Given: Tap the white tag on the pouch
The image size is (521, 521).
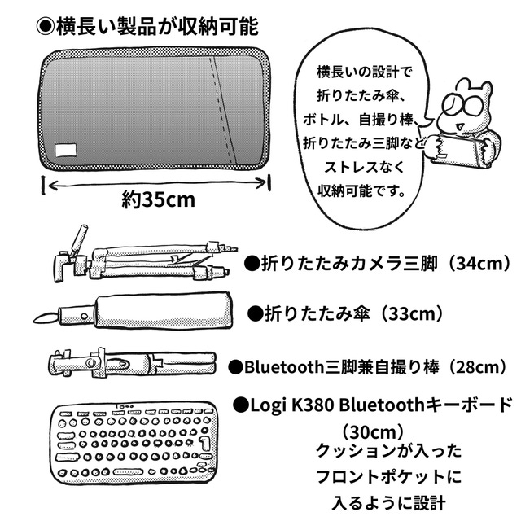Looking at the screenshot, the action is (66, 151).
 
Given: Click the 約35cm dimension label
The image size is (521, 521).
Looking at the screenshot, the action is (158, 199).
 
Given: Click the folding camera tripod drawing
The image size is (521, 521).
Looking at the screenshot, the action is (145, 256).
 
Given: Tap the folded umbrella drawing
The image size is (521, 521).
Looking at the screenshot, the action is (132, 311).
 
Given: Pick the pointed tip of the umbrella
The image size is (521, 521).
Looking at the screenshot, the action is (34, 321).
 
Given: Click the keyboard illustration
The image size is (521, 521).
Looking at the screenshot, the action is (134, 443).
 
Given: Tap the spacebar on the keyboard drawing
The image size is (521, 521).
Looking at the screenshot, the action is (129, 471).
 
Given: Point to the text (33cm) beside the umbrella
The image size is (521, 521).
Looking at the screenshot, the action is (412, 313).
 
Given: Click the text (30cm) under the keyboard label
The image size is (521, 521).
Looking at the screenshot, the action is (373, 432).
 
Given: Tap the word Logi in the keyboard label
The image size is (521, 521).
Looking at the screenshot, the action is (269, 405).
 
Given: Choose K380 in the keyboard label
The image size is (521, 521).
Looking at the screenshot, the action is (312, 405).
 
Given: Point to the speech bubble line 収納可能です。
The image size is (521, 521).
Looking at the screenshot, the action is (361, 190).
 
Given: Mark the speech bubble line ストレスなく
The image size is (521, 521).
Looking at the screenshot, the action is (364, 167).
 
